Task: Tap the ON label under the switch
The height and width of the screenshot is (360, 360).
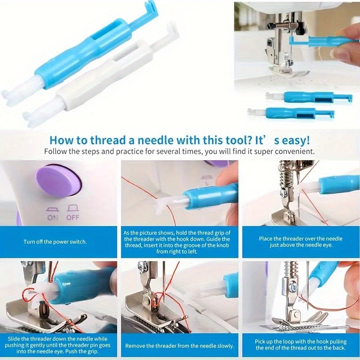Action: (53, 217)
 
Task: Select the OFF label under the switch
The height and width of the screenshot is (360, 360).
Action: (72, 217)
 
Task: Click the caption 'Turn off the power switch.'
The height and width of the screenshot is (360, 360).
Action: (55, 242)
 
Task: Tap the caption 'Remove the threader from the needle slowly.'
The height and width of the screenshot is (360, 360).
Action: (179, 346)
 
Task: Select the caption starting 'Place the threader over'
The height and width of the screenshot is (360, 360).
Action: (301, 242)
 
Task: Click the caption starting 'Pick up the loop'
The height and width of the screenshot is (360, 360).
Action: (301, 345)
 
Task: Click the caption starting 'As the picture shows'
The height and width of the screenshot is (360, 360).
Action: (179, 242)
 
